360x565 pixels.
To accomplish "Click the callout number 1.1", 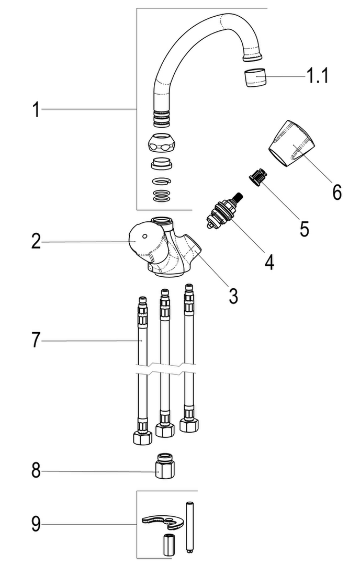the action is (x=317, y=76).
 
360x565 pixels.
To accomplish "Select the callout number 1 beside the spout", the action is (x=36, y=109).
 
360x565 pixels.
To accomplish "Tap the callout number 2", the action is (x=36, y=241).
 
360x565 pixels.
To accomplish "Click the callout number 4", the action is (x=269, y=262).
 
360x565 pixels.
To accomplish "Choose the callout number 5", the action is (x=305, y=229).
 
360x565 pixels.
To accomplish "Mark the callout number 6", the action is (x=336, y=192).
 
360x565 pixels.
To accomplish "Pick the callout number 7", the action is (x=36, y=340).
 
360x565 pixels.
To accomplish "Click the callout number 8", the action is (x=36, y=470).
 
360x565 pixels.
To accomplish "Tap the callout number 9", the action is (x=36, y=524).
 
